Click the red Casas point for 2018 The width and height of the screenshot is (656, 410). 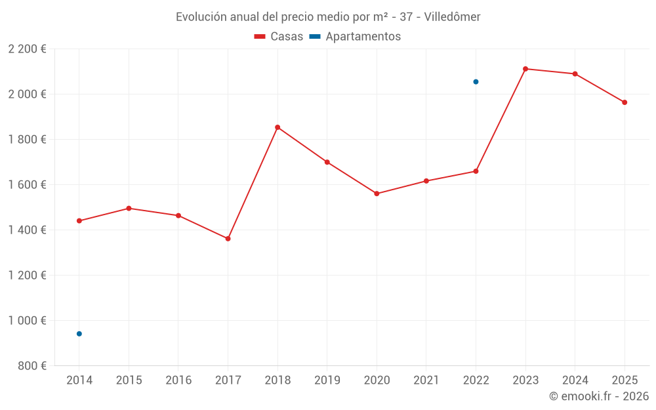[277, 127]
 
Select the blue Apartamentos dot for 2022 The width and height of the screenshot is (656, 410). [476, 82]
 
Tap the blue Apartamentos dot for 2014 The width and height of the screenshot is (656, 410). [79, 334]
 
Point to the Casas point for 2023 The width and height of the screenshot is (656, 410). [525, 69]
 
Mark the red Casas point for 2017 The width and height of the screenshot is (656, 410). [228, 239]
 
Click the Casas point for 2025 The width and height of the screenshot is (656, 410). [625, 102]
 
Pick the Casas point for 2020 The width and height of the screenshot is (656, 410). [377, 194]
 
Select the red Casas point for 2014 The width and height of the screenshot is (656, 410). [79, 221]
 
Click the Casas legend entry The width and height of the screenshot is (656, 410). [279, 37]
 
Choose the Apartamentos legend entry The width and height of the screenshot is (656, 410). [355, 37]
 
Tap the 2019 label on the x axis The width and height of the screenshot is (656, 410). [327, 380]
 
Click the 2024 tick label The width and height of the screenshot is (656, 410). [575, 380]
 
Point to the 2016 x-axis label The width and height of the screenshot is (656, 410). [178, 380]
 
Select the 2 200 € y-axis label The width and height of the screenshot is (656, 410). [27, 49]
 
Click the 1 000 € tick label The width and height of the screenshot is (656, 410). [27, 321]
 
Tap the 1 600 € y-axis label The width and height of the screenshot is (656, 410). [27, 185]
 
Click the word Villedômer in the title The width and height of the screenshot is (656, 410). [453, 17]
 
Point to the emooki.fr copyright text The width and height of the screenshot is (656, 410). [599, 396]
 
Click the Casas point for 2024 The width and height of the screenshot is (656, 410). [575, 74]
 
